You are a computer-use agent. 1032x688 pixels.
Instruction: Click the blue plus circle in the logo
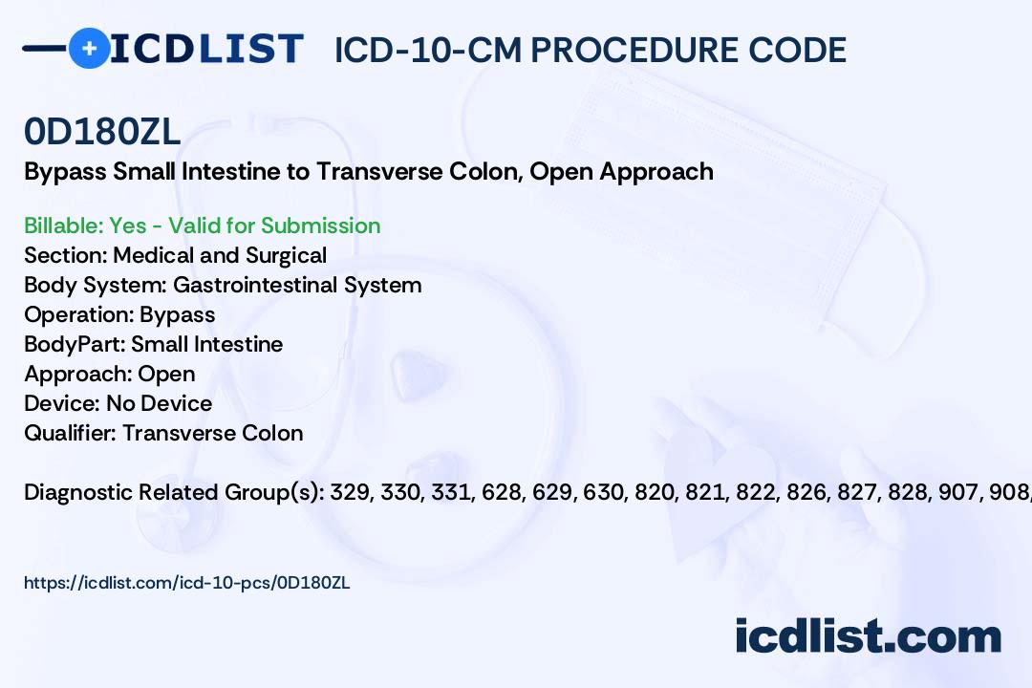89,48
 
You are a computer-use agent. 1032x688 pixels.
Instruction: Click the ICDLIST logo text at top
206,48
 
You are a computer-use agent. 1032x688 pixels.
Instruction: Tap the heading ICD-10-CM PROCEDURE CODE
590,50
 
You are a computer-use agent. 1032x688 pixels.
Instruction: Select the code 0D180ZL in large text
101,133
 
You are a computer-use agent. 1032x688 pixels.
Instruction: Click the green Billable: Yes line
202,226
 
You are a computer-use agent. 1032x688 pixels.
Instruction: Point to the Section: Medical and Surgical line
175,255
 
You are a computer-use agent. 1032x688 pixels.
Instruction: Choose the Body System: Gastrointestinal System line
223,285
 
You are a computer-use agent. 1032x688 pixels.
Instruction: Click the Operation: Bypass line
119,314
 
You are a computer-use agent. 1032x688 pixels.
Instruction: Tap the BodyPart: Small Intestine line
153,344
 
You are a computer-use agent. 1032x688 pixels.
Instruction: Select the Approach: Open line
109,374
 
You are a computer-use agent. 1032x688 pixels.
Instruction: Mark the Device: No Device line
118,403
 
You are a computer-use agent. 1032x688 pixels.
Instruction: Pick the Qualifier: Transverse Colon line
163,433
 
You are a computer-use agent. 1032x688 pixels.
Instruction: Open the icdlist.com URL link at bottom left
187,582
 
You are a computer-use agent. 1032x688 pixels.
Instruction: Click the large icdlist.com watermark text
868,636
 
